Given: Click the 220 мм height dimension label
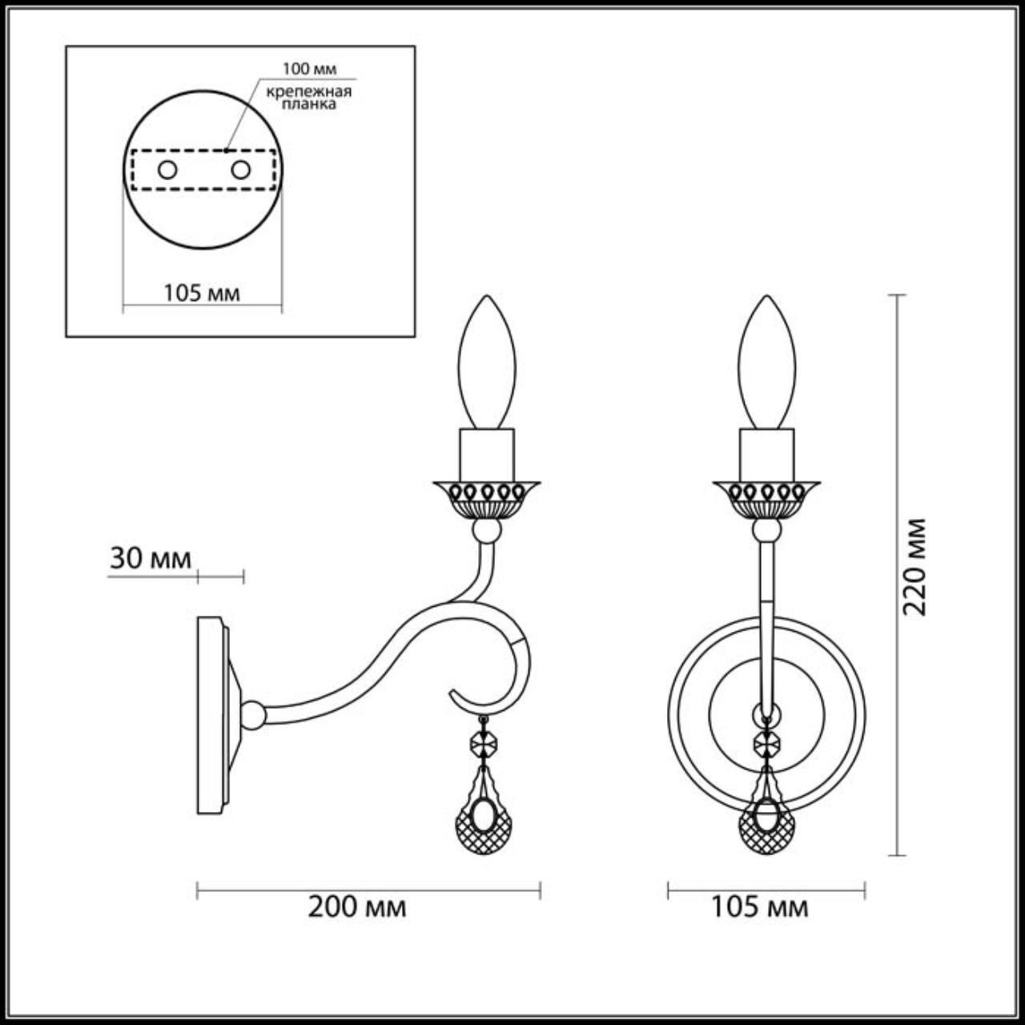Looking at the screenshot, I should click(x=914, y=567).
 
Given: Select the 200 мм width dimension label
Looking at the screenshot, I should click(x=357, y=907).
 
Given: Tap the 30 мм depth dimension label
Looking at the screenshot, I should click(x=151, y=558).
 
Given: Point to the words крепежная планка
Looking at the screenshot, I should click(x=309, y=97).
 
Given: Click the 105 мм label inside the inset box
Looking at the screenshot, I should click(x=202, y=293).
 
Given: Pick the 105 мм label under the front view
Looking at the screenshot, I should click(x=760, y=907).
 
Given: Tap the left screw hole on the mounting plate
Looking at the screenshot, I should click(x=167, y=170).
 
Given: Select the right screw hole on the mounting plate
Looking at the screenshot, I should click(x=240, y=170).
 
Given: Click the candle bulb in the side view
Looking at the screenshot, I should click(x=487, y=364).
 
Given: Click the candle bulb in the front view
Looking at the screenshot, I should click(x=767, y=364).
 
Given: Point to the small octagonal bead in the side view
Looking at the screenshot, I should click(x=484, y=744).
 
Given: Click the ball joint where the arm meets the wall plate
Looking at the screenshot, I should click(x=252, y=714).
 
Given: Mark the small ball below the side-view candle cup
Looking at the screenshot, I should click(x=486, y=530).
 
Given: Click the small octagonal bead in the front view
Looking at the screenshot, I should click(x=766, y=744).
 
